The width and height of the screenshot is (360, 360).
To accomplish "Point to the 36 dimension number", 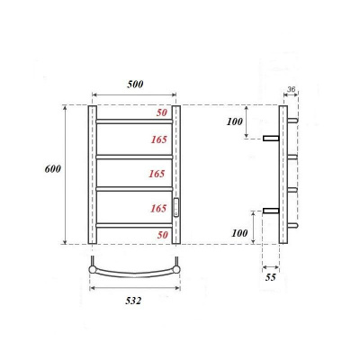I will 290,88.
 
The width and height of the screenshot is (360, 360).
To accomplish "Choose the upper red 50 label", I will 162,112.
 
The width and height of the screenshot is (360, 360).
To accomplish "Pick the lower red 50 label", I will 162,234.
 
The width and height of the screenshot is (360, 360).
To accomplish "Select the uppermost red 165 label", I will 159,139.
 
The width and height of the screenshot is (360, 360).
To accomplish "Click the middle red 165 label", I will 159,175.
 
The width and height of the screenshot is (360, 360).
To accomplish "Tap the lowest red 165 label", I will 159,209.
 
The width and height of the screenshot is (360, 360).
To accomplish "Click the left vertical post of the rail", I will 91,175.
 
